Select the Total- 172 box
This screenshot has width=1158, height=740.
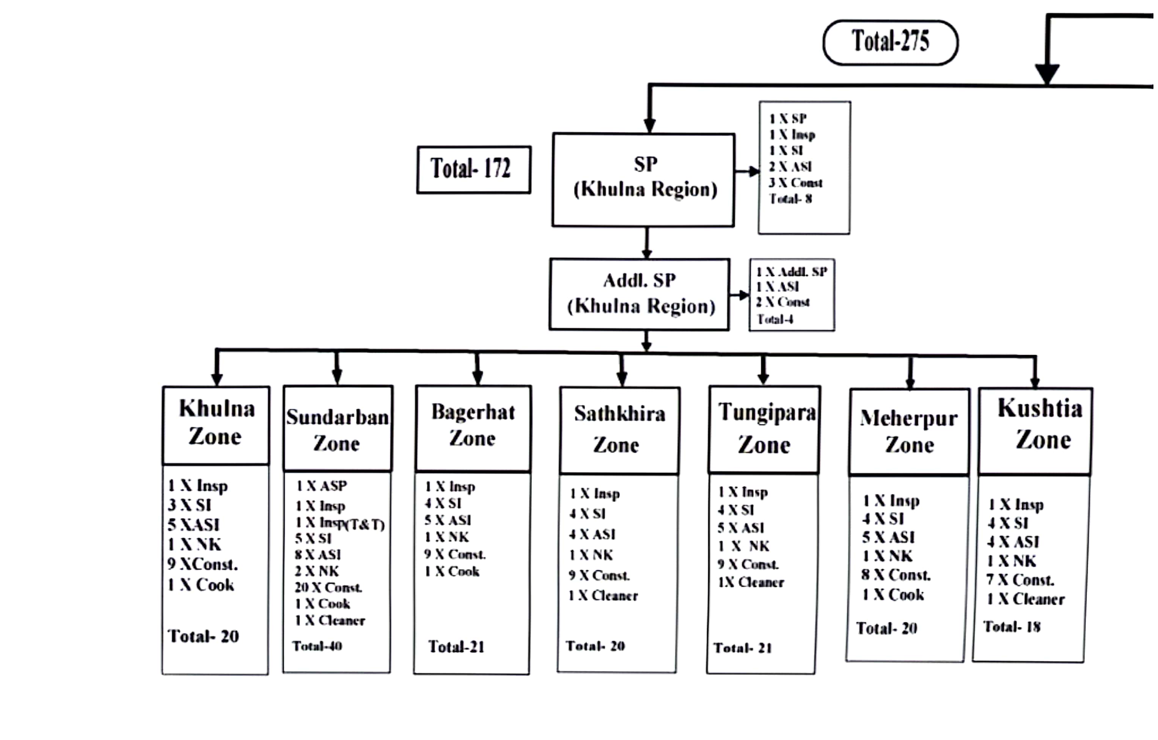(474, 169)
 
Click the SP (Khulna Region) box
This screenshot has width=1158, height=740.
(643, 179)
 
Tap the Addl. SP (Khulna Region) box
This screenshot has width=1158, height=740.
(639, 294)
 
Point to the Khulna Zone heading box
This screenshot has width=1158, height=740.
(216, 424)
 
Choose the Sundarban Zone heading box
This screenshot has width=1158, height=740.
(338, 429)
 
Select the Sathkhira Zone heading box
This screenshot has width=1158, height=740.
(619, 430)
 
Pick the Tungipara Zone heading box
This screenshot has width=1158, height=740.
(765, 429)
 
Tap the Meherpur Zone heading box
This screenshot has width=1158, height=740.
(909, 432)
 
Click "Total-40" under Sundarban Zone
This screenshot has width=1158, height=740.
(317, 646)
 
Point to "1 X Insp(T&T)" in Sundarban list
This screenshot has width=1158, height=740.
(340, 523)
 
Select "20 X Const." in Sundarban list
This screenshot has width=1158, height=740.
(328, 587)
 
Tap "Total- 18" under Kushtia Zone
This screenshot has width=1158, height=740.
(1012, 627)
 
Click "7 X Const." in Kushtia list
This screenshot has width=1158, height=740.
(1020, 580)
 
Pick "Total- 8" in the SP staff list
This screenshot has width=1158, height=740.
(790, 199)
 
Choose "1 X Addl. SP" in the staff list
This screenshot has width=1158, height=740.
(792, 272)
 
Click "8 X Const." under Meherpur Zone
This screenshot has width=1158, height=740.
(896, 575)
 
